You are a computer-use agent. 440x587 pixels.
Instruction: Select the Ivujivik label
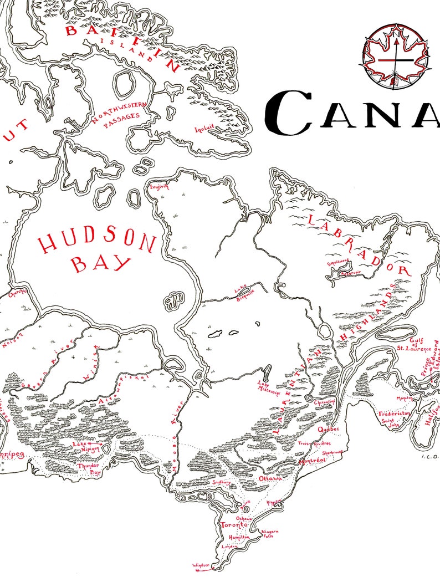pyautogui.click(x=158, y=187)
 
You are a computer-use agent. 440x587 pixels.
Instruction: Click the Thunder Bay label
pyautogui.click(x=89, y=469)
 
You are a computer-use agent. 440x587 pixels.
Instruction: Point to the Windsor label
pyautogui.click(x=201, y=565)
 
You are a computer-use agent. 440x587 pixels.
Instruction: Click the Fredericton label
pyautogui.click(x=393, y=414)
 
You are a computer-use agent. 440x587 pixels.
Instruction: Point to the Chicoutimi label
pyautogui.click(x=325, y=401)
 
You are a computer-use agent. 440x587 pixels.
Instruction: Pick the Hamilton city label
pyautogui.click(x=239, y=537)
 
